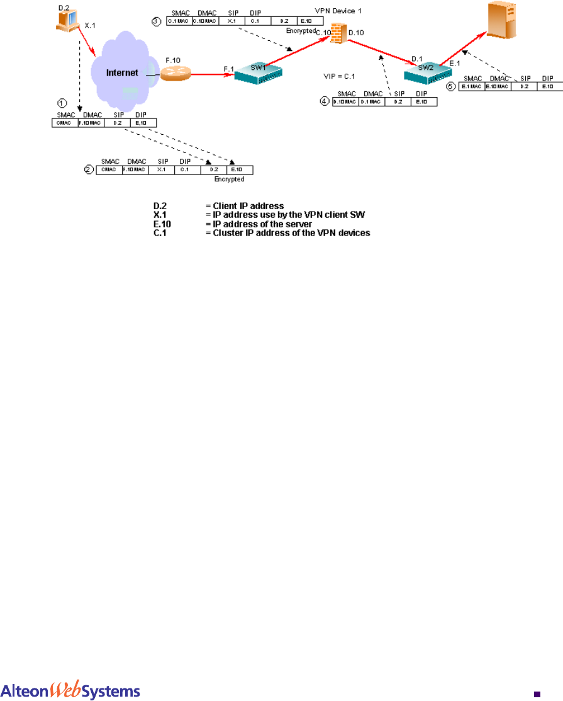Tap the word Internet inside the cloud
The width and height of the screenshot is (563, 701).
tap(121, 73)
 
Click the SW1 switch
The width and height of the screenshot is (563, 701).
tap(257, 74)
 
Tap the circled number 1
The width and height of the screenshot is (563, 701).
tap(62, 102)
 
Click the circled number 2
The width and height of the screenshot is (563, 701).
tap(89, 169)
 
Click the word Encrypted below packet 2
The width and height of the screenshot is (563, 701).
tap(229, 180)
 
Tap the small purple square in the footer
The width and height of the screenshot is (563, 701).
tap(537, 693)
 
